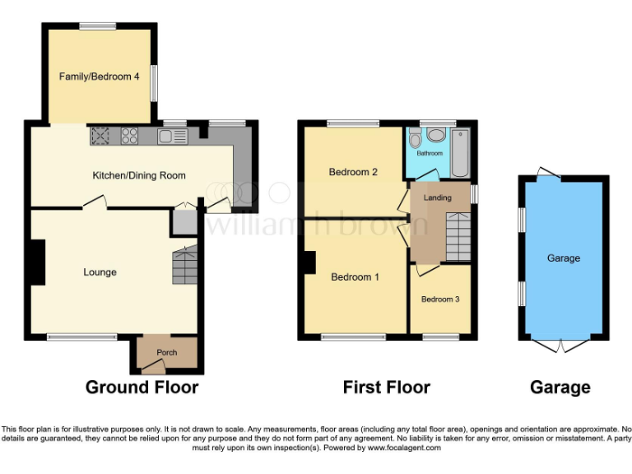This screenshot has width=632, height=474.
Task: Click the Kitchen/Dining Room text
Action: [x=139, y=175]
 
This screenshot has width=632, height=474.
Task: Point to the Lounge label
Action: [x=100, y=272]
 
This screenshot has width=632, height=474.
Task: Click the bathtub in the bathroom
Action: [x=459, y=151]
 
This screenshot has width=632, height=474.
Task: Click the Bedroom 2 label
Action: [x=353, y=172]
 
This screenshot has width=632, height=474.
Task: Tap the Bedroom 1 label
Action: [x=355, y=277]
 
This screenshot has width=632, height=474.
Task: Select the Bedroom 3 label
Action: [x=440, y=299]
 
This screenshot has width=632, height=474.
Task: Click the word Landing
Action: [x=437, y=198]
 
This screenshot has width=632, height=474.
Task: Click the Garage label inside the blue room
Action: [x=564, y=258]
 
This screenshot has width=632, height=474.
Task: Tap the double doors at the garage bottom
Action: [x=562, y=346]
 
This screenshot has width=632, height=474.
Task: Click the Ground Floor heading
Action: [x=142, y=388]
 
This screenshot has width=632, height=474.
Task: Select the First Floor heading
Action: [x=387, y=388]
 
